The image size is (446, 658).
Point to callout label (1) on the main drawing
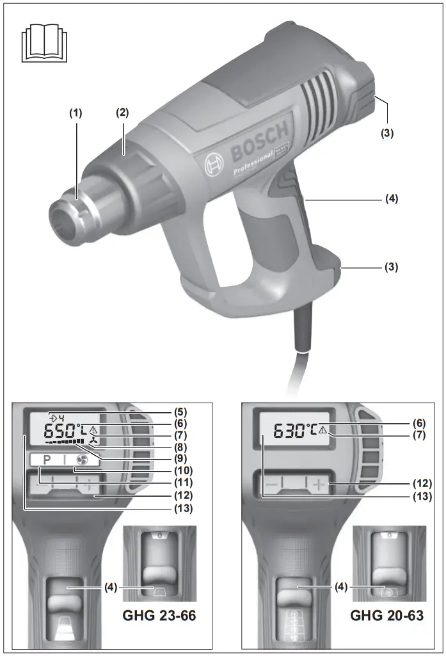(x=76, y=113)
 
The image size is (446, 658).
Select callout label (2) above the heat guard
(x=122, y=113)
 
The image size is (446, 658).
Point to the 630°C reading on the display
(x=295, y=431)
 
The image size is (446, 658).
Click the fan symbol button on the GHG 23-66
(x=81, y=460)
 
